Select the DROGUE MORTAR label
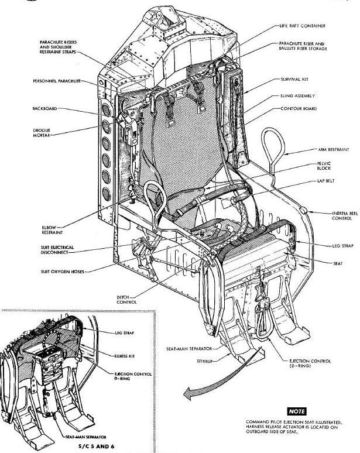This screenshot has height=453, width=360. click(45, 134)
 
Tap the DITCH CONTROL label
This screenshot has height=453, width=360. click(125, 300)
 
